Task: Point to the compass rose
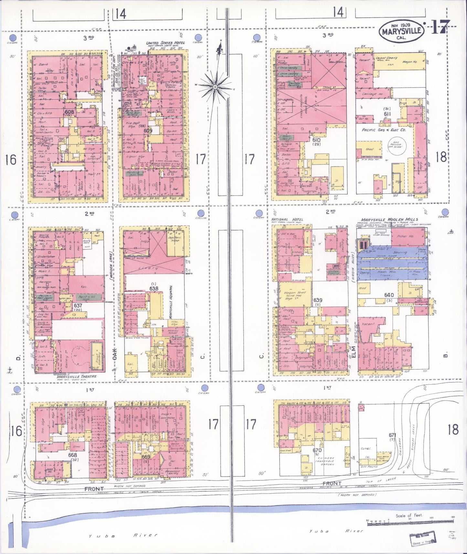tap(215, 87)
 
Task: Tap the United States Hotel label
tap(165, 43)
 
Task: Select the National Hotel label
tap(288, 219)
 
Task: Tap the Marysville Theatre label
tap(76, 376)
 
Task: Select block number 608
tap(69, 112)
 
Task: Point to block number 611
tap(387, 114)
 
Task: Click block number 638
tap(154, 288)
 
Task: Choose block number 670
tap(317, 450)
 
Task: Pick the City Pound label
tap(369, 466)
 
